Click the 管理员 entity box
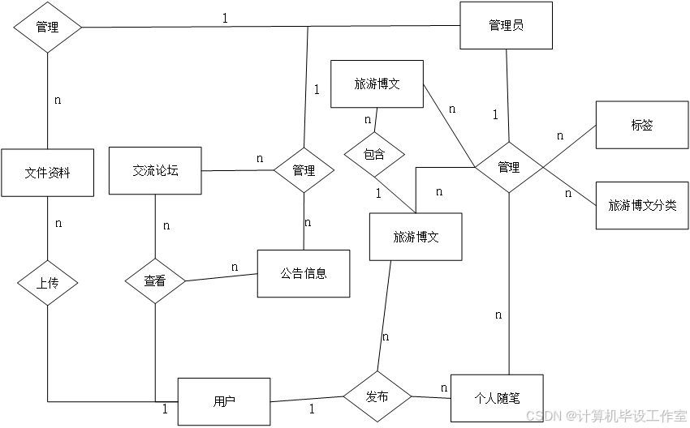[506, 25]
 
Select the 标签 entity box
[641, 125]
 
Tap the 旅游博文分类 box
[641, 205]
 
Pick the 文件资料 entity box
[47, 172]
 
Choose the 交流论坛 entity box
[155, 170]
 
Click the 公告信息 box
[304, 273]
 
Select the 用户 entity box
[224, 401]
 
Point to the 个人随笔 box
[496, 398]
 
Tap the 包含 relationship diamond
[373, 154]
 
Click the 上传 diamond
[47, 283]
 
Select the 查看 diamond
[155, 281]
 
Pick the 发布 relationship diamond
[377, 397]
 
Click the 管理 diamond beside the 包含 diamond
[304, 170]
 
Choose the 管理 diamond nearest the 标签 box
[508, 167]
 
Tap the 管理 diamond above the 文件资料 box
[47, 27]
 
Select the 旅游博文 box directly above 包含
[377, 83]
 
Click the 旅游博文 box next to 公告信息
[416, 237]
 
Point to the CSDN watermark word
[544, 415]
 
